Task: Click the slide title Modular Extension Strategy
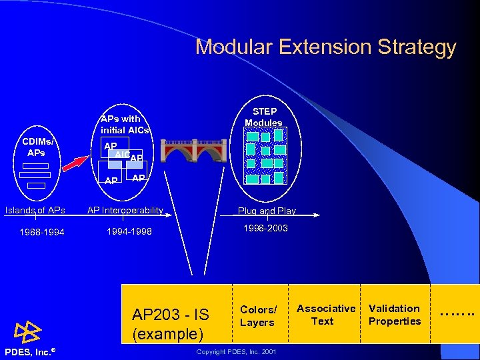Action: tap(325, 47)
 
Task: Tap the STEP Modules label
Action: tap(263, 117)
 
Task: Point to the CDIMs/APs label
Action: tap(39, 147)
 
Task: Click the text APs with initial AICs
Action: tap(125, 125)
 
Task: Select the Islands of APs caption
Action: tap(35, 211)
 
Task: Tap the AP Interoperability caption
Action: tap(125, 211)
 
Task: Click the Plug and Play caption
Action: tap(267, 211)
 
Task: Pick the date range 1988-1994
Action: tap(42, 233)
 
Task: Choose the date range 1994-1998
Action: tap(129, 232)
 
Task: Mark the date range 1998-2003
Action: tap(266, 228)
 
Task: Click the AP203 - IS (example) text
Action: tap(171, 323)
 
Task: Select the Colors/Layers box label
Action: tap(258, 316)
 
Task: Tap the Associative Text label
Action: tap(326, 315)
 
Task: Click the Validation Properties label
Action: tap(395, 315)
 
